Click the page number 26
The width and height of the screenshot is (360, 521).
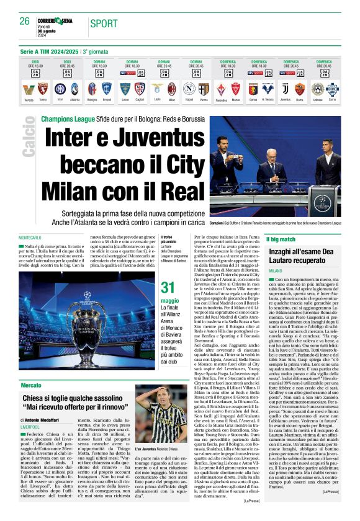(x=25, y=21)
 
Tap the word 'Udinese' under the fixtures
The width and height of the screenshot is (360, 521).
(x=318, y=99)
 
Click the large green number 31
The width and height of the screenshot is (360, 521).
(x=168, y=288)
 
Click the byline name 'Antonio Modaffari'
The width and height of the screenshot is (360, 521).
(x=53, y=421)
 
